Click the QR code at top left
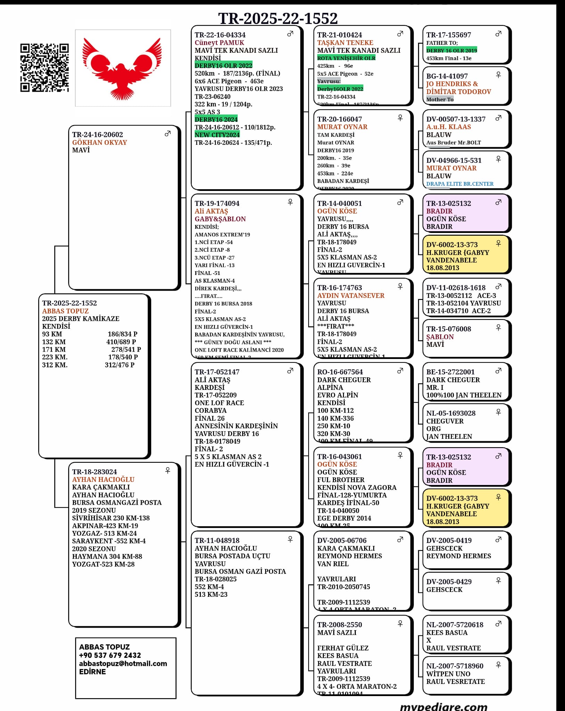tap(44, 68)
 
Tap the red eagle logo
tap(123, 68)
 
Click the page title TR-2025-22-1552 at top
tap(278, 18)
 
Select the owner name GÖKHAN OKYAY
tap(99, 142)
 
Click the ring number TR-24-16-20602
tap(97, 134)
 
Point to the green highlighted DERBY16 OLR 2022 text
tap(223, 66)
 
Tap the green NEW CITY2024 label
tap(217, 135)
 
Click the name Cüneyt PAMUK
tap(219, 43)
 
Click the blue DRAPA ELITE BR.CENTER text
tap(460, 184)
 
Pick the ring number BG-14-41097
tap(447, 76)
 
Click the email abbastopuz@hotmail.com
tap(123, 663)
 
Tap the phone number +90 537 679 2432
tap(110, 655)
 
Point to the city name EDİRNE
tap(92, 671)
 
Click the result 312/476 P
tap(120, 365)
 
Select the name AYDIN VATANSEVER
tap(351, 295)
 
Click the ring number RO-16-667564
tap(340, 372)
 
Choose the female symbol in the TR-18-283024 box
tap(167, 470)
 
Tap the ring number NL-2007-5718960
tap(455, 666)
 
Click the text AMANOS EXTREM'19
tap(222, 234)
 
